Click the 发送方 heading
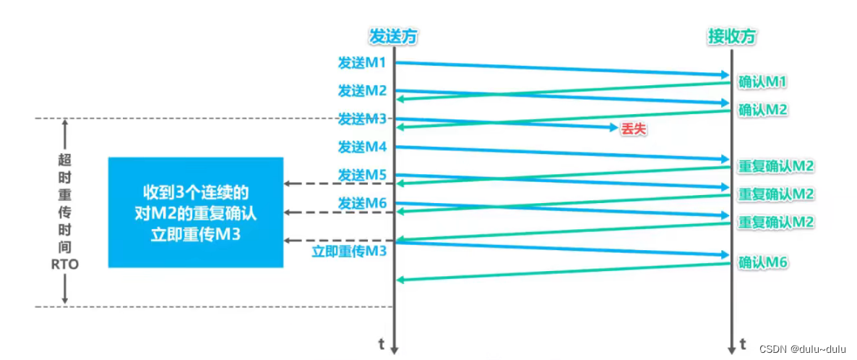pos(394,36)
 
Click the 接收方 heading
pos(732,36)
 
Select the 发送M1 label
pos(362,64)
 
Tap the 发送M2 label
pos(362,91)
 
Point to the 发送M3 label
pos(362,119)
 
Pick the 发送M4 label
pos(362,147)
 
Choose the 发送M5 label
pos(362,175)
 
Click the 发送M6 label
pos(362,204)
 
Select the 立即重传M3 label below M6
pos(350,252)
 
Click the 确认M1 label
pos(762,82)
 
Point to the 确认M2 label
pos(762,111)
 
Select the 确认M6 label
pos(762,262)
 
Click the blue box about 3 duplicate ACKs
pos(195,213)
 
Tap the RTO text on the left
pos(65,265)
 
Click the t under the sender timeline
pos(381,342)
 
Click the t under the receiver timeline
pos(744,342)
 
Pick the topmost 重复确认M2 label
pos(776,166)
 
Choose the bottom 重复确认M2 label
pos(776,222)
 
